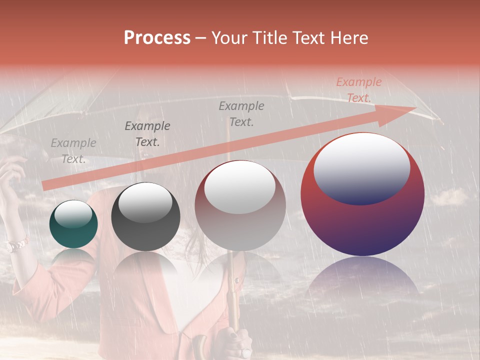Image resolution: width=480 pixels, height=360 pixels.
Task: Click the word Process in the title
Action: tap(157, 37)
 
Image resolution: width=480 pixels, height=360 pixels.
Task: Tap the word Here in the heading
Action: tap(349, 37)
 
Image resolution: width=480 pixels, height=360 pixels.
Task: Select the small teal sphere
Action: tap(73, 224)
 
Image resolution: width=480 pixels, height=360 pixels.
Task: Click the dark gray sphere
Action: tap(145, 217)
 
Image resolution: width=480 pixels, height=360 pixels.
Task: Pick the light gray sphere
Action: tap(240, 205)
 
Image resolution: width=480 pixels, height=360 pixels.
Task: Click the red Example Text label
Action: tap(358, 90)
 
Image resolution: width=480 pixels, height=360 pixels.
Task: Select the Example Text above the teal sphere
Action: tap(73, 151)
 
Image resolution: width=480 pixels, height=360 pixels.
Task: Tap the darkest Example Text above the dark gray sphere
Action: tap(147, 134)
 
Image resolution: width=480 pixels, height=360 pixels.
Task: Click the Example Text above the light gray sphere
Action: tap(241, 113)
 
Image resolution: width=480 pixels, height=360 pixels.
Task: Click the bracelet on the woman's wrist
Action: tap(16, 245)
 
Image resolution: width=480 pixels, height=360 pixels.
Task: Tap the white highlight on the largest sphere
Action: tap(361, 167)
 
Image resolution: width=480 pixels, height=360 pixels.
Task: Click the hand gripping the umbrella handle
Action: tap(235, 342)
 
